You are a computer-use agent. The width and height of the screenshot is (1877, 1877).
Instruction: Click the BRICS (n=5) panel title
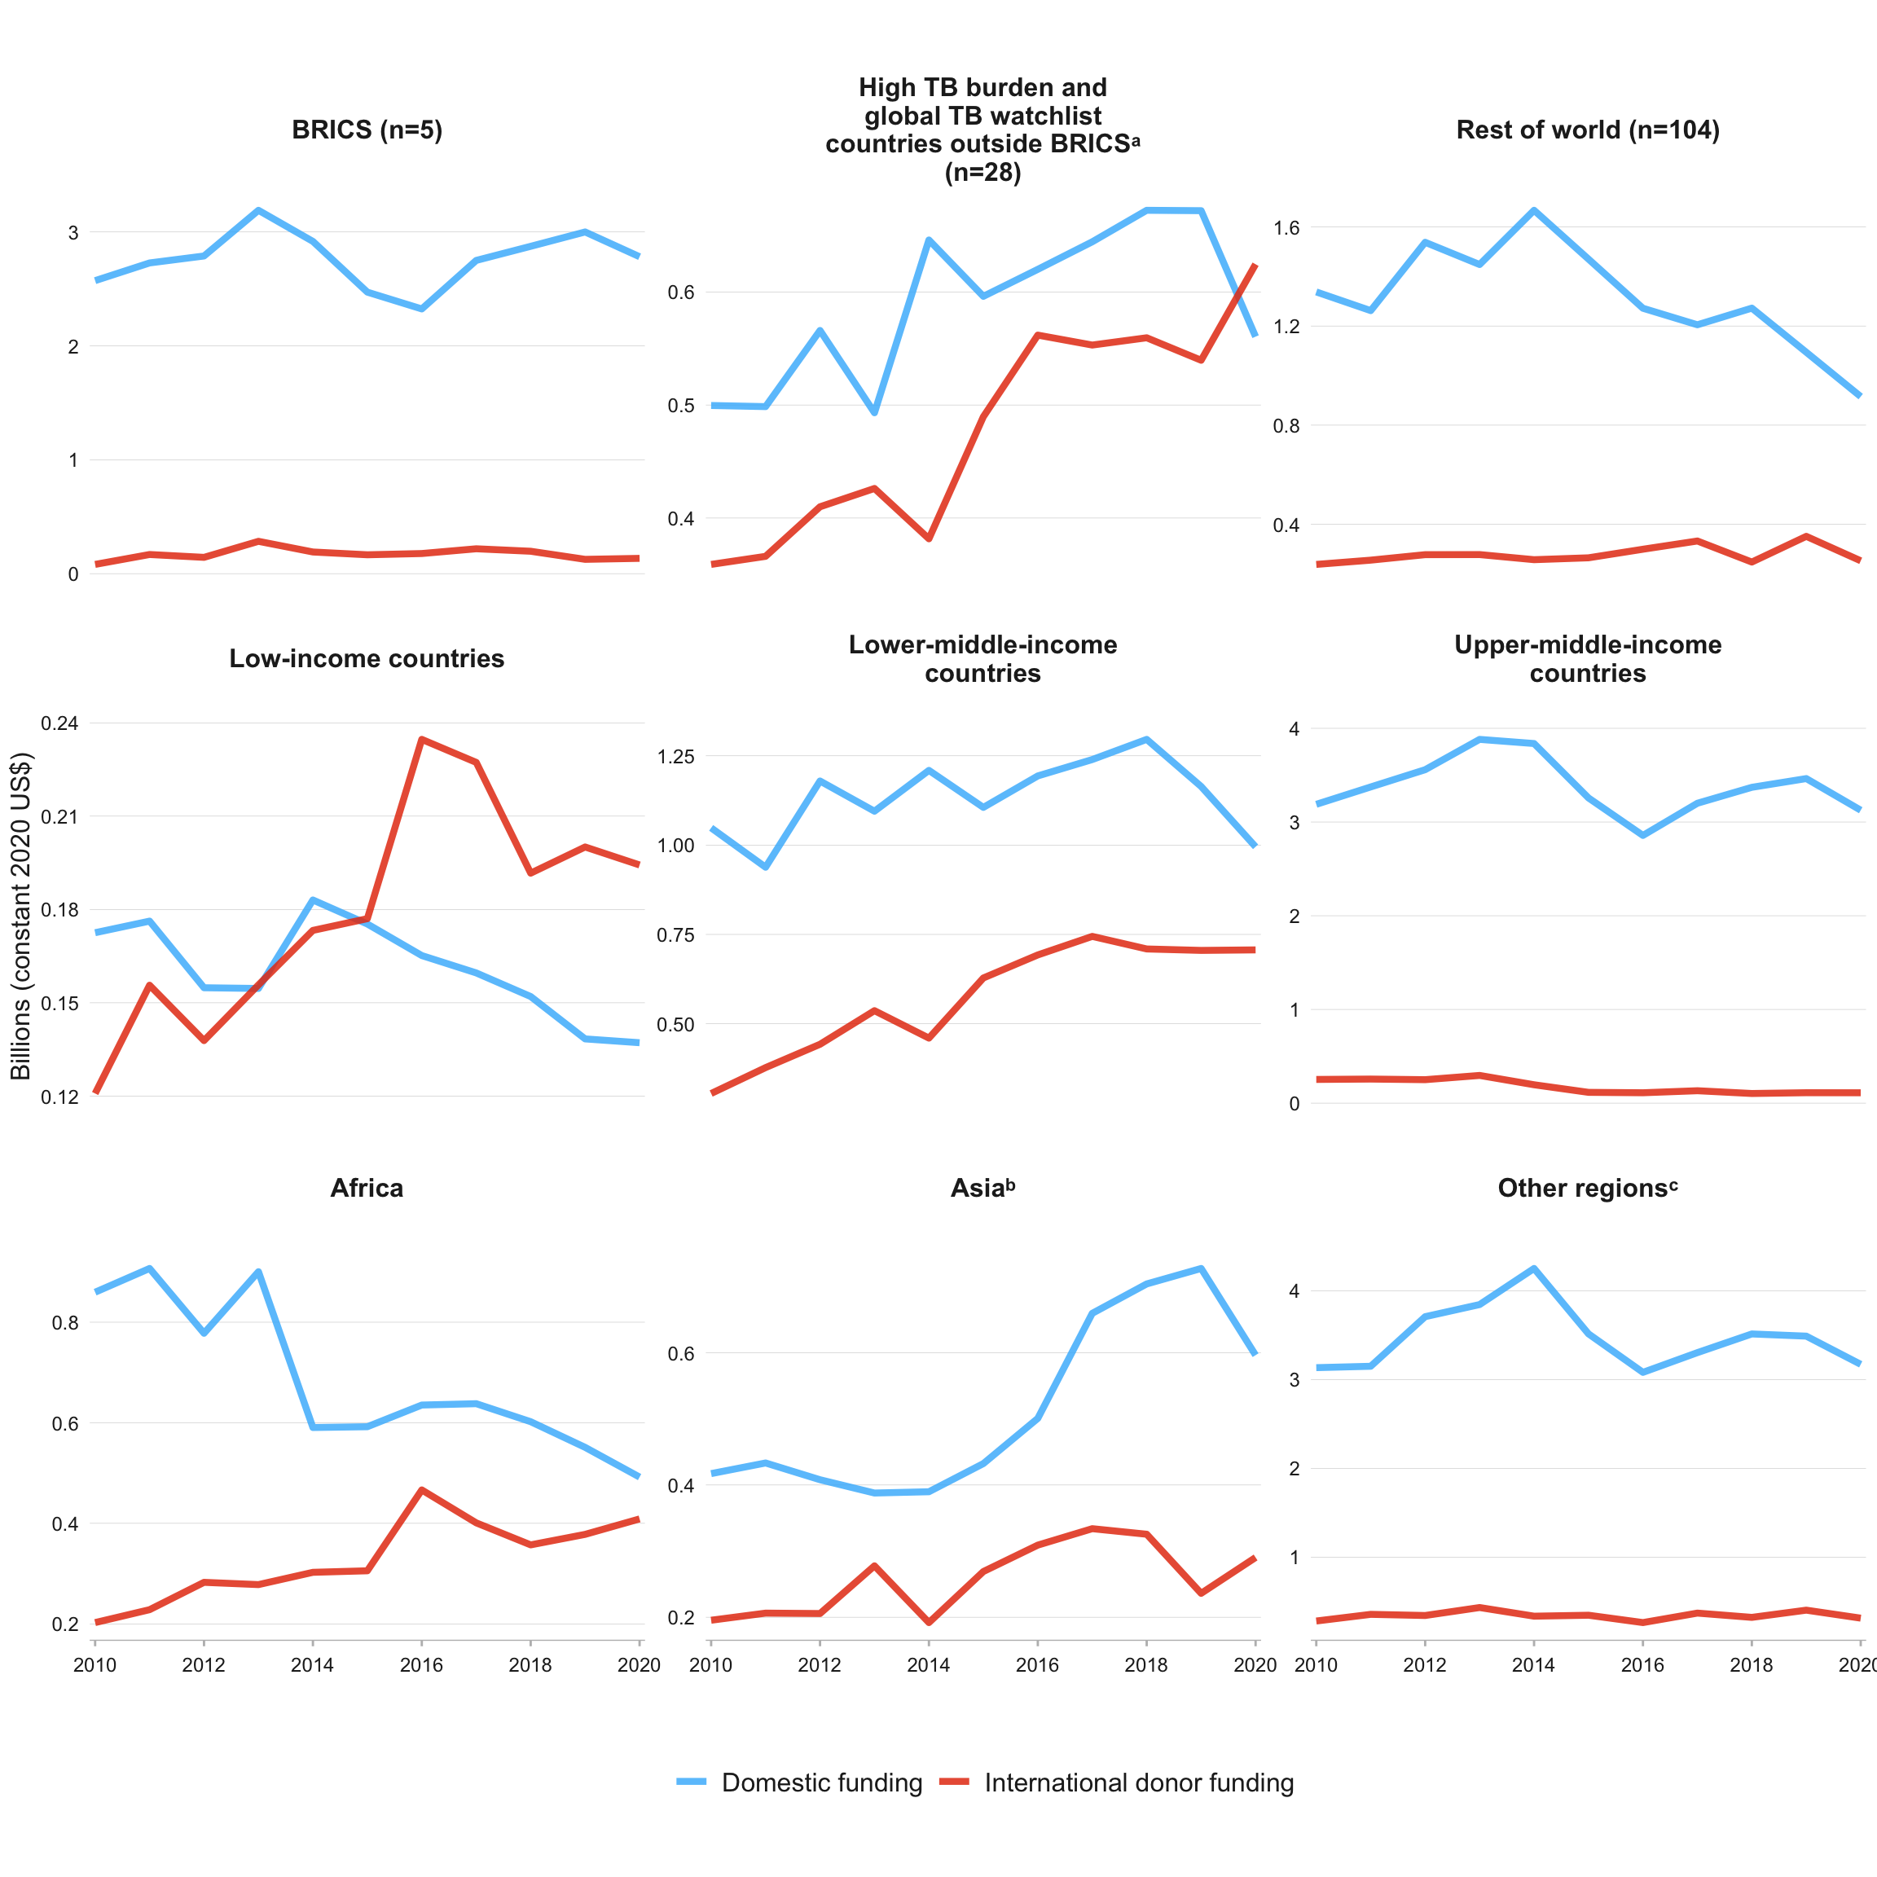click(367, 130)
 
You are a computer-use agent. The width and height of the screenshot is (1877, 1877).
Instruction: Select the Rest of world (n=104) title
click(1588, 130)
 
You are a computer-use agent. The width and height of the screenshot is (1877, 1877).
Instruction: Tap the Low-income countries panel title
click(367, 659)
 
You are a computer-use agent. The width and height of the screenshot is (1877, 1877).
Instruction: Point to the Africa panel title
click(367, 1188)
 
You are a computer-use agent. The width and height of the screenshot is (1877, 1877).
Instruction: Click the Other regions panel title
click(1588, 1188)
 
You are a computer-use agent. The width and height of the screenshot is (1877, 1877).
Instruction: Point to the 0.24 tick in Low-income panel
click(59, 723)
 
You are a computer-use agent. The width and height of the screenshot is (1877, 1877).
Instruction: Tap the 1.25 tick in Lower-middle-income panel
click(676, 756)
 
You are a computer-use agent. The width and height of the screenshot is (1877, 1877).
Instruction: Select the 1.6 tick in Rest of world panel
click(1286, 227)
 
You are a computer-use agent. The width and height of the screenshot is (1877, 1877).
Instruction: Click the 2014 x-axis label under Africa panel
click(312, 1665)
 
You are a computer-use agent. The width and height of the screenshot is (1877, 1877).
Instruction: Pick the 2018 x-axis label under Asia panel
click(1146, 1665)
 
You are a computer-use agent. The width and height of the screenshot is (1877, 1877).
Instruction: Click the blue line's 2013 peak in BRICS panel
click(258, 210)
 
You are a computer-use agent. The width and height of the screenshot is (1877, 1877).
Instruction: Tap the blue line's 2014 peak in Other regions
click(1534, 1268)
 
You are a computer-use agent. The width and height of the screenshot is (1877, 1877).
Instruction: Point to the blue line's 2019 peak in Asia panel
click(1202, 1268)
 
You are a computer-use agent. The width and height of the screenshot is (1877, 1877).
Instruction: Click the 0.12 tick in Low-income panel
click(59, 1097)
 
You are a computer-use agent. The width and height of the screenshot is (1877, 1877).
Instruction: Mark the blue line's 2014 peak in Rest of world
click(1534, 210)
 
